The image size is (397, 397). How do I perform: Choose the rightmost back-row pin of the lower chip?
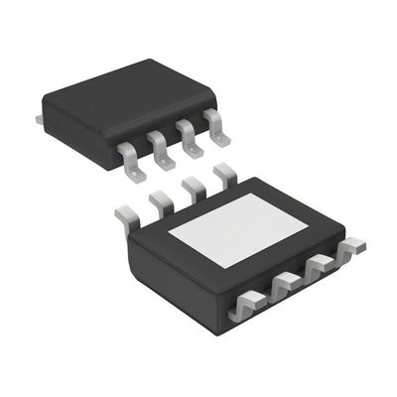point(224,176)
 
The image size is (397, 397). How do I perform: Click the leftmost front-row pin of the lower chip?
point(245,308)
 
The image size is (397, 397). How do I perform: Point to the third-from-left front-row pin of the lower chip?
point(320,268)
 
